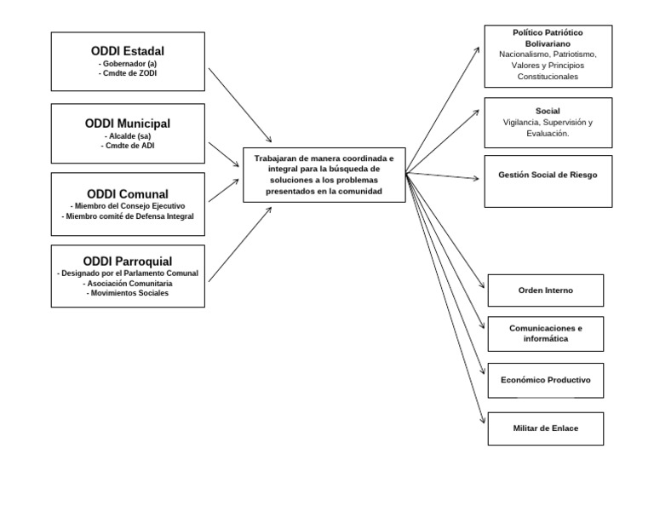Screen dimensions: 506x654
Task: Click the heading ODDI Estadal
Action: click(128, 50)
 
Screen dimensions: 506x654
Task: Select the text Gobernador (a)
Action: click(128, 63)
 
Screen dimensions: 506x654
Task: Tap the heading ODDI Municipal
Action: click(128, 123)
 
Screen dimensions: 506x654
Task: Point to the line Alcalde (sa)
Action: click(128, 135)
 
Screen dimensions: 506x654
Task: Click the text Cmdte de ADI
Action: click(128, 146)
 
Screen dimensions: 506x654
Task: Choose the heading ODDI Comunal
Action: click(128, 193)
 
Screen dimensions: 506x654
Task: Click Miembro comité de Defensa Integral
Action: click(128, 216)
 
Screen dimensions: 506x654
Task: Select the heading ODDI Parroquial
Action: click(128, 261)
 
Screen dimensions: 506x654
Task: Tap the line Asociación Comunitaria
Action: click(128, 283)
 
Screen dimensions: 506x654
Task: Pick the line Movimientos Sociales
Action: click(128, 293)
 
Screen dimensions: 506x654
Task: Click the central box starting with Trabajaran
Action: click(324, 175)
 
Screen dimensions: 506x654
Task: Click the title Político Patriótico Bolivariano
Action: click(548, 37)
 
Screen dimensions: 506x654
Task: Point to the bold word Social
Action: click(548, 112)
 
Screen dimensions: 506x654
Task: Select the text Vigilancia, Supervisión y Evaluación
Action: click(548, 128)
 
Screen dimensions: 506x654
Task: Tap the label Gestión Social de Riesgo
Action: click(548, 175)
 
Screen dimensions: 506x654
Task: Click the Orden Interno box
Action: click(545, 290)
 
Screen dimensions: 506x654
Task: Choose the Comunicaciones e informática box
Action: click(545, 333)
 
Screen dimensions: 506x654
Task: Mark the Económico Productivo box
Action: click(545, 380)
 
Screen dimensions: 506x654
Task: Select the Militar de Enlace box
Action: click(545, 428)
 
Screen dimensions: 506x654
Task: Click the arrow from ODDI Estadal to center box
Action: click(240, 106)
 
